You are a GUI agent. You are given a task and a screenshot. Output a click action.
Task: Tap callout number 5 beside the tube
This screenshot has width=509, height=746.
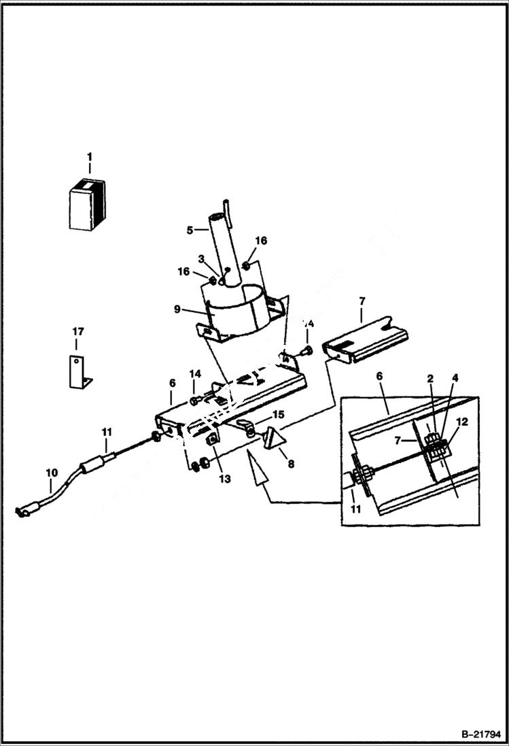(x=190, y=230)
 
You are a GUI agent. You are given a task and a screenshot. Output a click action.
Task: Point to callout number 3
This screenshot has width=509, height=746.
(x=202, y=258)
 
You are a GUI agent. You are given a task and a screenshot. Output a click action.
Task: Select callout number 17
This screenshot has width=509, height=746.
(x=77, y=331)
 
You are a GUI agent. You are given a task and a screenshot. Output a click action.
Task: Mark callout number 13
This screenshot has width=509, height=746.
(x=225, y=479)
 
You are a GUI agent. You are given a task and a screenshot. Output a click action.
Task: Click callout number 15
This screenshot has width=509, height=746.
(x=277, y=414)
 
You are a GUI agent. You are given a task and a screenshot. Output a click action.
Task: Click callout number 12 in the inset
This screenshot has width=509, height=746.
(x=461, y=422)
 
